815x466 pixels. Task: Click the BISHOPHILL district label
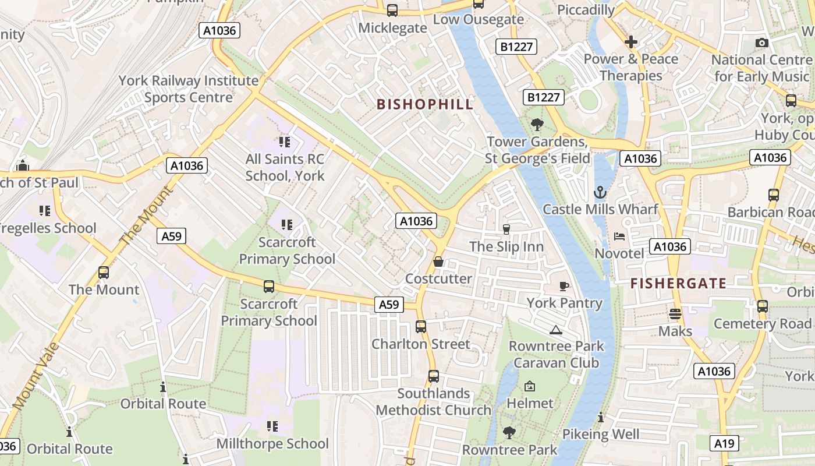tap(424, 104)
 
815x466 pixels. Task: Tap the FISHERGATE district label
tap(679, 284)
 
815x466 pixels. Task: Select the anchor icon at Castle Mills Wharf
tap(600, 192)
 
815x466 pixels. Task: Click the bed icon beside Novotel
tap(619, 236)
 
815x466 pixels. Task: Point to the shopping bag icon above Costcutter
tap(438, 262)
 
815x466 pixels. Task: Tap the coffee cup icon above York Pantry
tap(564, 286)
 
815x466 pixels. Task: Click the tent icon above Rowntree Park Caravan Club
tap(556, 330)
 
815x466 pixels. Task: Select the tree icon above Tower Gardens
tap(537, 124)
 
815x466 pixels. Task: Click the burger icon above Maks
tap(675, 314)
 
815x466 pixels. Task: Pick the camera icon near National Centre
tap(761, 43)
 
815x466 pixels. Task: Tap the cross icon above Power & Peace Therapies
tap(631, 42)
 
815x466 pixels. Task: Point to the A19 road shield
tap(725, 443)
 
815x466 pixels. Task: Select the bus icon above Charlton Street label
tap(421, 327)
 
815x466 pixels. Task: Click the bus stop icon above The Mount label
tap(104, 272)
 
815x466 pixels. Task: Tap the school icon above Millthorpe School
tap(272, 426)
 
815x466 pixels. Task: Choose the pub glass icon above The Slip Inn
tap(506, 230)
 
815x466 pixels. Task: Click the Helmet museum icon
tap(530, 386)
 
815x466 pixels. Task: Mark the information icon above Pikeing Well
tap(601, 417)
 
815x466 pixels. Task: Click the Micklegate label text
tap(392, 28)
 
